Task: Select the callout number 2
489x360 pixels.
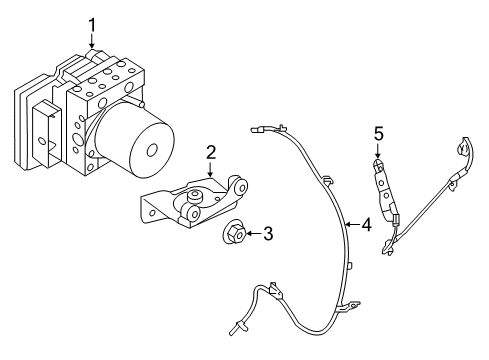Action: point(211,152)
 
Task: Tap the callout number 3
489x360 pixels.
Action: point(267,234)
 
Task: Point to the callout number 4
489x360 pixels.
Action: point(366,226)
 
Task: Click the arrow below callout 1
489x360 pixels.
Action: point(92,41)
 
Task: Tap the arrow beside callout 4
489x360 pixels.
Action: point(349,226)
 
